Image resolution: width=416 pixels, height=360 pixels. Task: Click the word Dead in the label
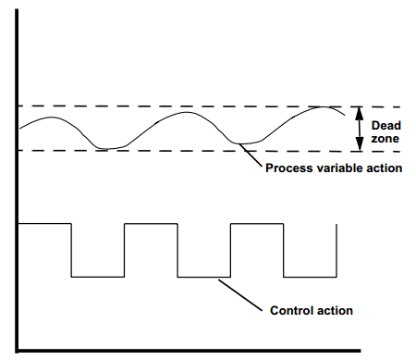(385, 123)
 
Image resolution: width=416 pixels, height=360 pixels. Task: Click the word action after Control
(335, 309)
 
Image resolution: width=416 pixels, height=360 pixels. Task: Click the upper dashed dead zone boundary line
(185, 106)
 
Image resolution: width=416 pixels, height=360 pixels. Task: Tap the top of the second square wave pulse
(151, 223)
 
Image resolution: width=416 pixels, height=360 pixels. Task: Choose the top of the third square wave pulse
(256, 223)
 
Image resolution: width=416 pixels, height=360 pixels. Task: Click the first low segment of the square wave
(98, 276)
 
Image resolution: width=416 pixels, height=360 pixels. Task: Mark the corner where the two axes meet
(19, 351)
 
